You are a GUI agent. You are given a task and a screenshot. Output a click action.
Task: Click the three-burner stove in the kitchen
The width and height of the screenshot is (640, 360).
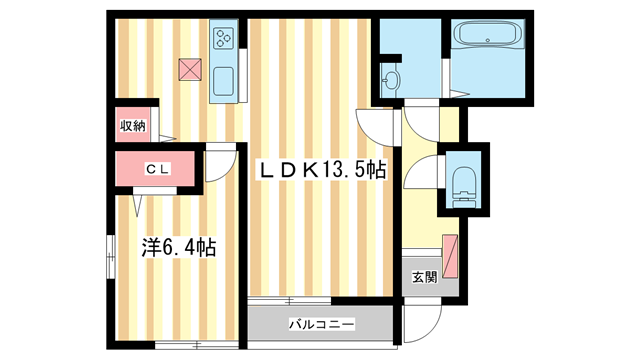pyautogui.click(x=222, y=40)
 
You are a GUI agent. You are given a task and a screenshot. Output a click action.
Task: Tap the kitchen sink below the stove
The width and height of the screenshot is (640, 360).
pyautogui.click(x=222, y=81)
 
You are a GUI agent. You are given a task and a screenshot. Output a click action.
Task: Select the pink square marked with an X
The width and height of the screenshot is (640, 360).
pyautogui.click(x=189, y=69)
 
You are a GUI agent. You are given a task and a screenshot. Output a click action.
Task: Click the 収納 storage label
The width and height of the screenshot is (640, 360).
pyautogui.click(x=133, y=126)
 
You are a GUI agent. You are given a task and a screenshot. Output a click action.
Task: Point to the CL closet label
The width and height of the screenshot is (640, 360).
pyautogui.click(x=158, y=170)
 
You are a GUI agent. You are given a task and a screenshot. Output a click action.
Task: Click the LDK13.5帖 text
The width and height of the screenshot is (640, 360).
pyautogui.click(x=323, y=171)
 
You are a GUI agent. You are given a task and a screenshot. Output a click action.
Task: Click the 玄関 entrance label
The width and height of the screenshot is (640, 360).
pyautogui.click(x=423, y=277)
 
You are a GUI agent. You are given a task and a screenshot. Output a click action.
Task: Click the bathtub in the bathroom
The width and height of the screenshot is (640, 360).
pyautogui.click(x=485, y=37)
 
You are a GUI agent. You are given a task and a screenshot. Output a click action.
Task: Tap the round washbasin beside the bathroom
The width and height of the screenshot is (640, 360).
pyautogui.click(x=390, y=80)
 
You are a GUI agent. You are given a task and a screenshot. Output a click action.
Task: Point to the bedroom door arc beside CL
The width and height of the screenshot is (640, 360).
pyautogui.click(x=220, y=165)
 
